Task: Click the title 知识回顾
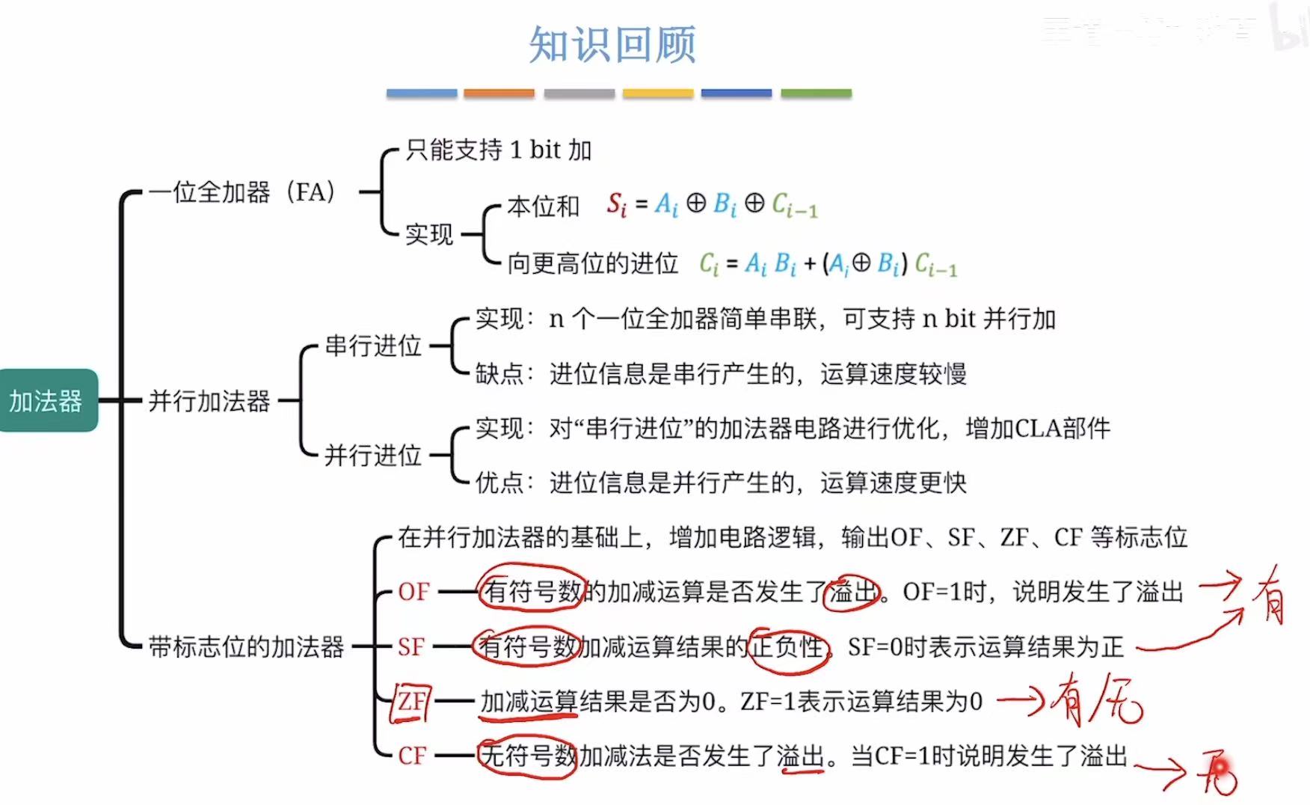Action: click(612, 45)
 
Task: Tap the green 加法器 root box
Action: click(46, 401)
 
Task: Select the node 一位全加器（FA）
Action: click(241, 192)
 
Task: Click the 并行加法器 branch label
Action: click(209, 401)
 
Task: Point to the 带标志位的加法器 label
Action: click(246, 646)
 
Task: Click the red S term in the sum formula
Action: click(616, 203)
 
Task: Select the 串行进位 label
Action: click(373, 346)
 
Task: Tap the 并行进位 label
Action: click(373, 455)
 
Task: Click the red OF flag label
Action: click(413, 592)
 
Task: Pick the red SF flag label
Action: click(411, 646)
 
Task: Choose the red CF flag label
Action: click(413, 756)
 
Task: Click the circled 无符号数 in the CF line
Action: click(528, 756)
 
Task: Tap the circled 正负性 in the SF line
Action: click(788, 646)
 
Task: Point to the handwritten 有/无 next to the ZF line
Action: click(1098, 702)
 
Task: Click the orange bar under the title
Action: click(499, 94)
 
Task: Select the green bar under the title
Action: click(816, 94)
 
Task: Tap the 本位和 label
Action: click(543, 206)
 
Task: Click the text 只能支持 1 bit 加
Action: click(499, 150)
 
